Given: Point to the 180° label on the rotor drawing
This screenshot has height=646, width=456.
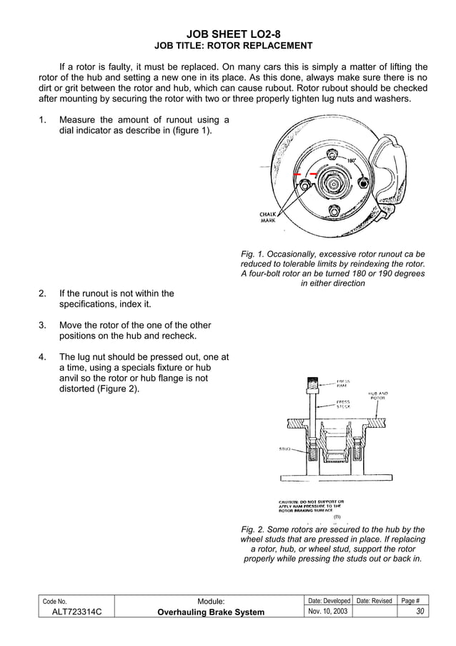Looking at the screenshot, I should coord(352,160).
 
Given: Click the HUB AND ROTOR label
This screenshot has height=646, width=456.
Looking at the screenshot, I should coord(378,396).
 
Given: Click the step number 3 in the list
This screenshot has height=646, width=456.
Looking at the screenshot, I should coord(42,326).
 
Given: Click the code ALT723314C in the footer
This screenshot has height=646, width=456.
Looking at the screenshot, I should coord(71,612).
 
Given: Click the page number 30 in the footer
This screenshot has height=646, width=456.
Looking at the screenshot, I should coord(421,612).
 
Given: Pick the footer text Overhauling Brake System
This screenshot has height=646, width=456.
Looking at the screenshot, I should coord(209,612).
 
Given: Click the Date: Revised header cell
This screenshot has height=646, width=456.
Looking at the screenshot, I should coord(375,601).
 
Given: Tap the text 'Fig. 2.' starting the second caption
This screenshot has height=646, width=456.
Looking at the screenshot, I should coord(255,530).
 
